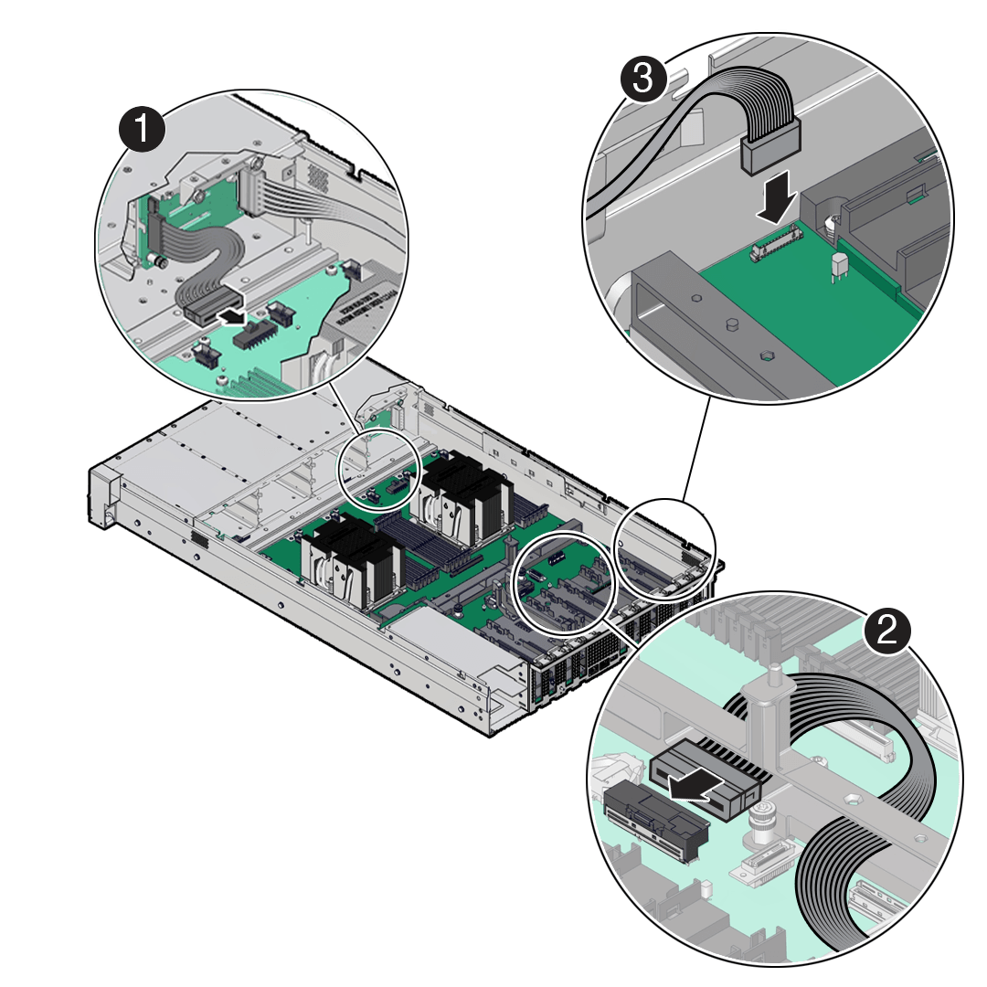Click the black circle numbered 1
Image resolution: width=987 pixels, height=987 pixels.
pos(143,130)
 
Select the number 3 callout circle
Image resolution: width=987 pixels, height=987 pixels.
pos(646,80)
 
